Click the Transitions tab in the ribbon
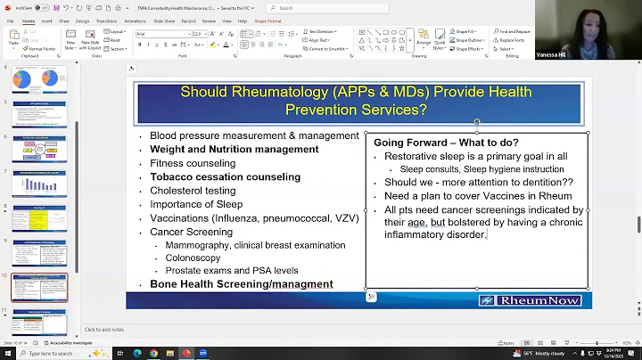click(x=106, y=20)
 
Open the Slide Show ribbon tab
click(x=164, y=20)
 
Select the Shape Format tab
click(x=267, y=20)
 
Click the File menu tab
click(x=9, y=20)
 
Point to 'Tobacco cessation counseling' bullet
click(x=225, y=176)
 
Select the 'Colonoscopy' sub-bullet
click(x=193, y=258)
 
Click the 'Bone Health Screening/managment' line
click(x=241, y=284)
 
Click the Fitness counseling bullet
click(x=193, y=163)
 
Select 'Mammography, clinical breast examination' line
click(x=243, y=244)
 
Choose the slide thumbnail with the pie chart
click(x=39, y=80)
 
